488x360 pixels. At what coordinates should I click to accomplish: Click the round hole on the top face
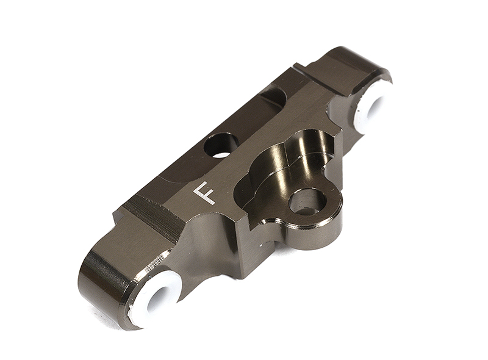(221, 145)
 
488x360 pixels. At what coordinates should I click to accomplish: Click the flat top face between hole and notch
(250, 122)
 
